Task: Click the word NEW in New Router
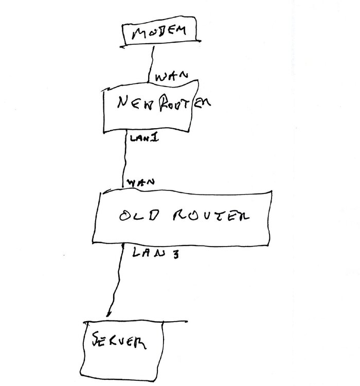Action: [x=135, y=102]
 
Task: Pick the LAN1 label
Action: [x=144, y=137]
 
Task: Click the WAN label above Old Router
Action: [x=140, y=182]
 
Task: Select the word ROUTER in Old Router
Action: [x=211, y=216]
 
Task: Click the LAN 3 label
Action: [x=155, y=253]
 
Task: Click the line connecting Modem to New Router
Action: [x=151, y=64]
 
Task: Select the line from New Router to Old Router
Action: [x=124, y=160]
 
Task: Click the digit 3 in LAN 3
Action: [x=175, y=254]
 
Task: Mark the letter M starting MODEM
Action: [x=138, y=33]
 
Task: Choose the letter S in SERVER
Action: [x=96, y=339]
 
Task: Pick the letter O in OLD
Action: [x=125, y=216]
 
